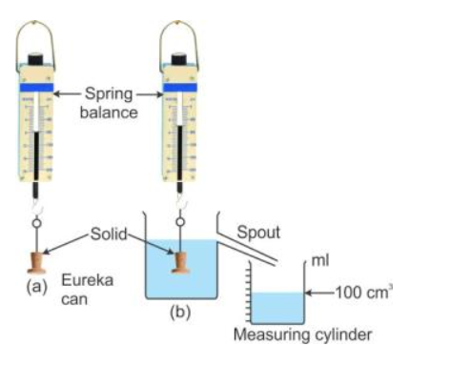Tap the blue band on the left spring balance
pos(36,89)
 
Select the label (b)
pos(178,312)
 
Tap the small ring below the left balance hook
pos(37,223)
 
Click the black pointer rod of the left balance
pos(36,152)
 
